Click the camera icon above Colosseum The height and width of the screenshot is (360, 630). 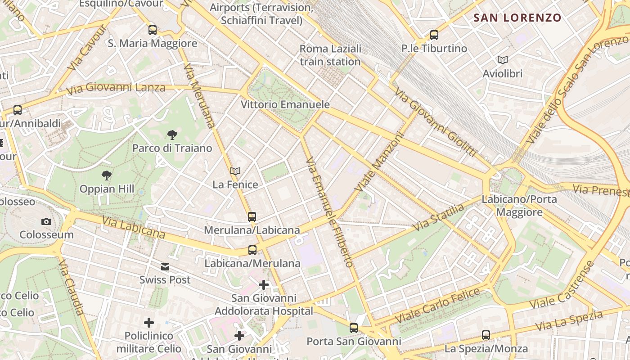tap(46, 221)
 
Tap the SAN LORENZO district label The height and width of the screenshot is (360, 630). tap(517, 18)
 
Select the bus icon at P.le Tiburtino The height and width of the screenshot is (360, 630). tap(434, 35)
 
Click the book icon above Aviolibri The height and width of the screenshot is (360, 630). tap(502, 60)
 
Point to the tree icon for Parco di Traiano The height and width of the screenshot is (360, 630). tap(172, 135)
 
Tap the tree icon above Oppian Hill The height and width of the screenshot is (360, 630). tap(107, 175)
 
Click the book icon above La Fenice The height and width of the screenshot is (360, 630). tap(235, 171)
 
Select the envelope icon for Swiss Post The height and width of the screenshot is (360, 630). tap(165, 267)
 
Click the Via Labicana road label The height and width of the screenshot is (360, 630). tap(134, 227)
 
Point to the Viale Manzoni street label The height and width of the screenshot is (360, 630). tap(379, 161)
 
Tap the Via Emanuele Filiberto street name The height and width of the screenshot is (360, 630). tap(329, 211)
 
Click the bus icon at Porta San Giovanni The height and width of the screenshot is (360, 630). tap(354, 328)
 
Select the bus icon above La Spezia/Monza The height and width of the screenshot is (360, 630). tap(486, 335)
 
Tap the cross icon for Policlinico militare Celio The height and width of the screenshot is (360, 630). tap(149, 323)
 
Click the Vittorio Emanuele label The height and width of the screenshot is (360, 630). tap(285, 104)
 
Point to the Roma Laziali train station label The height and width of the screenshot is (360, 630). tap(330, 55)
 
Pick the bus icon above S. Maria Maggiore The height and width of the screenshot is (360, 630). tap(153, 30)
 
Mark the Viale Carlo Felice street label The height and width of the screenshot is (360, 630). tap(438, 305)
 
